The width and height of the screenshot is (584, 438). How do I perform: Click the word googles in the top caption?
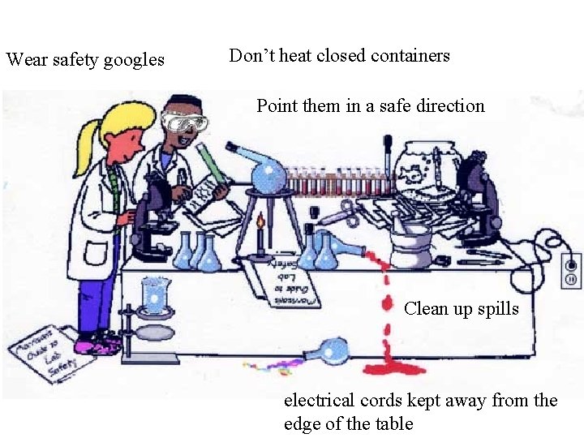click(x=129, y=59)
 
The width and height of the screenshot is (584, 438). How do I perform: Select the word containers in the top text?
click(x=410, y=56)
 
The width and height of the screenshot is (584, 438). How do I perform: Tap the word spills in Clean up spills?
click(x=496, y=308)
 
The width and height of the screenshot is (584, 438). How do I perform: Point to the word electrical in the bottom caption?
click(x=319, y=400)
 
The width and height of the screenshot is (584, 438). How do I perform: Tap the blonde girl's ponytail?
click(x=84, y=146)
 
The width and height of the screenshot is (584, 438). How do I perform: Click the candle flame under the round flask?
click(x=260, y=221)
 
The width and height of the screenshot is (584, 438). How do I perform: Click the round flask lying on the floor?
click(x=333, y=351)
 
